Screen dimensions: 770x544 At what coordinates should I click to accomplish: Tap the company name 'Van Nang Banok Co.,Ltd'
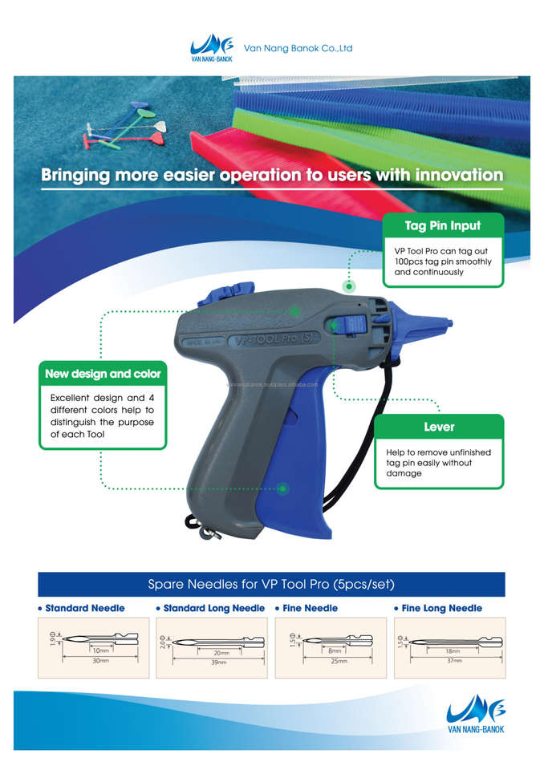298,48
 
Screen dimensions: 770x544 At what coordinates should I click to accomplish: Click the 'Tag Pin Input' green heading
443,225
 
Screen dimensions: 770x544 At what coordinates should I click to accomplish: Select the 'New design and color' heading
103,374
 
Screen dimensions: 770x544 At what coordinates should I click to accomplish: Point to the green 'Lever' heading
439,427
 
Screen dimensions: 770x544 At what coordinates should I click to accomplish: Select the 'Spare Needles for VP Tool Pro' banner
271,584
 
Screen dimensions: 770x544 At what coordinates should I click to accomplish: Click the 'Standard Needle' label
83,608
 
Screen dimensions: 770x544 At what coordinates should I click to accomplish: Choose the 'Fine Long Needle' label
441,608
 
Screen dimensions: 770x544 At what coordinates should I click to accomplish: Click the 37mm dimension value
453,661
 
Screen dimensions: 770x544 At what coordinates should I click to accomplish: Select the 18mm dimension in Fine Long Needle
453,651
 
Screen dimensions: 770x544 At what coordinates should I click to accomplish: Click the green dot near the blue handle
283,488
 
